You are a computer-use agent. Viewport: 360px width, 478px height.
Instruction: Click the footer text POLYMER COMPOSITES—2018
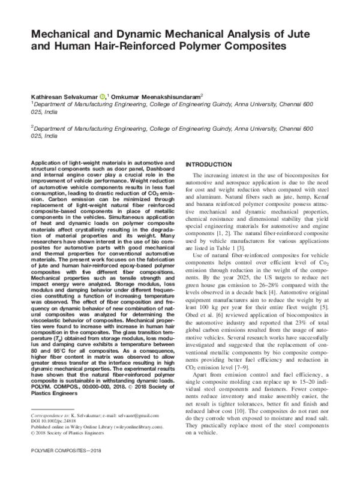point(56,465)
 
